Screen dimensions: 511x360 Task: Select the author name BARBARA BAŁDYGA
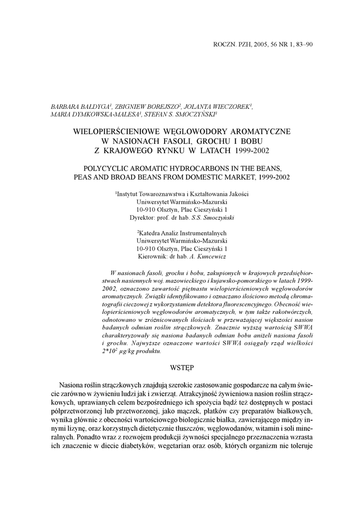80,106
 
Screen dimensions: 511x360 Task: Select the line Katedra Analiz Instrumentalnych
182,233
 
